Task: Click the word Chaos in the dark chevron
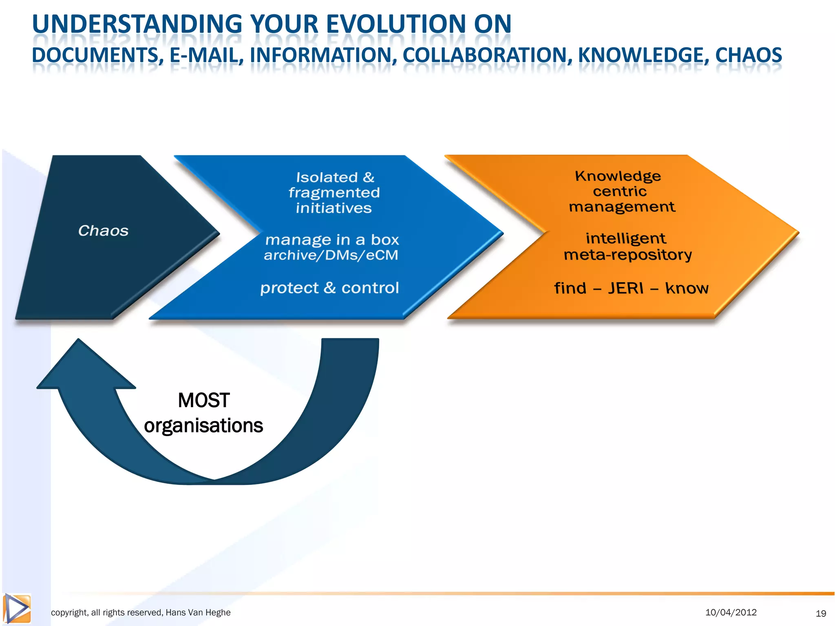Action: coord(103,231)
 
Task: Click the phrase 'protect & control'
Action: coord(329,288)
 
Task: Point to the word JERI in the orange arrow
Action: coord(626,288)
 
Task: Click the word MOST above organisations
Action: coord(204,400)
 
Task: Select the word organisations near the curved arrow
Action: coord(203,425)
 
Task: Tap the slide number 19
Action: coord(821,613)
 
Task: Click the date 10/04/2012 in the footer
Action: coord(731,612)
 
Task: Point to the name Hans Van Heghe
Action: coord(198,613)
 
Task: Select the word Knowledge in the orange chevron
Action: coord(618,176)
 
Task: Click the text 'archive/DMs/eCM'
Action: coord(331,255)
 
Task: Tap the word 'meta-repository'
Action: coord(627,255)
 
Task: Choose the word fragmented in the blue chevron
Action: coord(334,192)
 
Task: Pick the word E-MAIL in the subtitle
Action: coord(204,55)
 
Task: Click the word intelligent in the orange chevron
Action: coord(625,238)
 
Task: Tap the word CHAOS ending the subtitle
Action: coord(749,55)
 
